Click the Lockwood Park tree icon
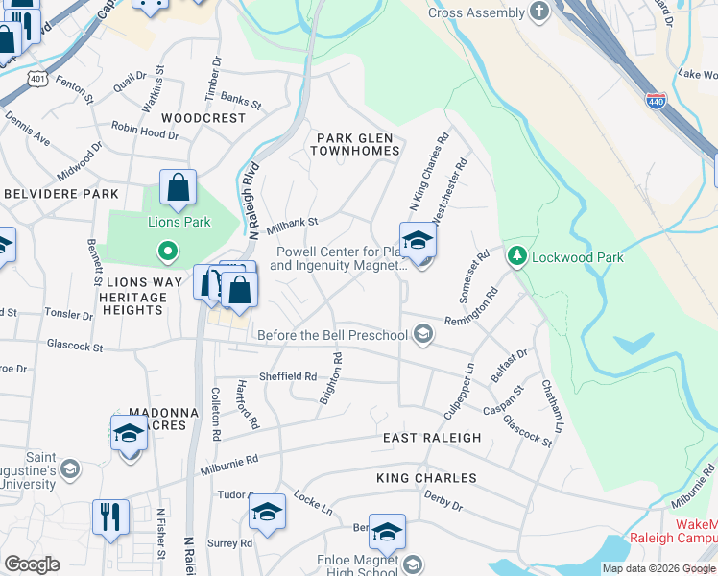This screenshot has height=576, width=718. (517, 256)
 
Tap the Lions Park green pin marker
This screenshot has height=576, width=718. (167, 252)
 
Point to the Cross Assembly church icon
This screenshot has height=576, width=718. (539, 12)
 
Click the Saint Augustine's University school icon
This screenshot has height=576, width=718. (69, 468)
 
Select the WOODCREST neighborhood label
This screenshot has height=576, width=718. (203, 117)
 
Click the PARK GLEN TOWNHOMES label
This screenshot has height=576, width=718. (358, 144)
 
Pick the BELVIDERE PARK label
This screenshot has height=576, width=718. (60, 193)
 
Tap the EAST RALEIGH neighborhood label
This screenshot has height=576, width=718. (432, 438)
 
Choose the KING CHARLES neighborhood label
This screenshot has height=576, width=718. (426, 478)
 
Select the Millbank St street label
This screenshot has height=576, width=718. (293, 223)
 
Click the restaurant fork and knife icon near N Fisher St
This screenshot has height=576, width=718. (110, 516)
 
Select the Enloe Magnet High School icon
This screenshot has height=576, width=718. (413, 564)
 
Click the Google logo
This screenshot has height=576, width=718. (32, 564)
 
